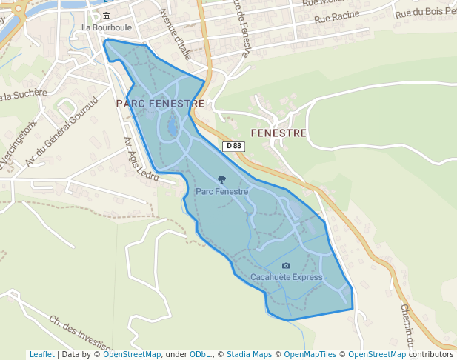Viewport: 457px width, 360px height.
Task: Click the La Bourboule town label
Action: [x=107, y=27]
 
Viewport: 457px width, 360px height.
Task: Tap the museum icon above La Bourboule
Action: [x=107, y=16]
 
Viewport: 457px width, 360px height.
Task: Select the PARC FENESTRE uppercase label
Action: [x=160, y=104]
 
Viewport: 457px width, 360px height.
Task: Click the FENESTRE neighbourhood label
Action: [x=278, y=133]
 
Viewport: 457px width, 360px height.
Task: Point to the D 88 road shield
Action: [x=234, y=146]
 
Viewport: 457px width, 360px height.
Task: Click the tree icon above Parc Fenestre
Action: [x=221, y=179]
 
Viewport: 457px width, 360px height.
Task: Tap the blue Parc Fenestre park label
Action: [x=221, y=191]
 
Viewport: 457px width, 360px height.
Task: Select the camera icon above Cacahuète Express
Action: [x=287, y=265]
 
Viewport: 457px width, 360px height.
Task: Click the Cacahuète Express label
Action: [x=287, y=278]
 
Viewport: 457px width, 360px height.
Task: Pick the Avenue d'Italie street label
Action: [x=175, y=34]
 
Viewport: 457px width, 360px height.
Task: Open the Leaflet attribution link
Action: [x=41, y=354]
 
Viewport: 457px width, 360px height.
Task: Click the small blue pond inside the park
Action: [x=172, y=128]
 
